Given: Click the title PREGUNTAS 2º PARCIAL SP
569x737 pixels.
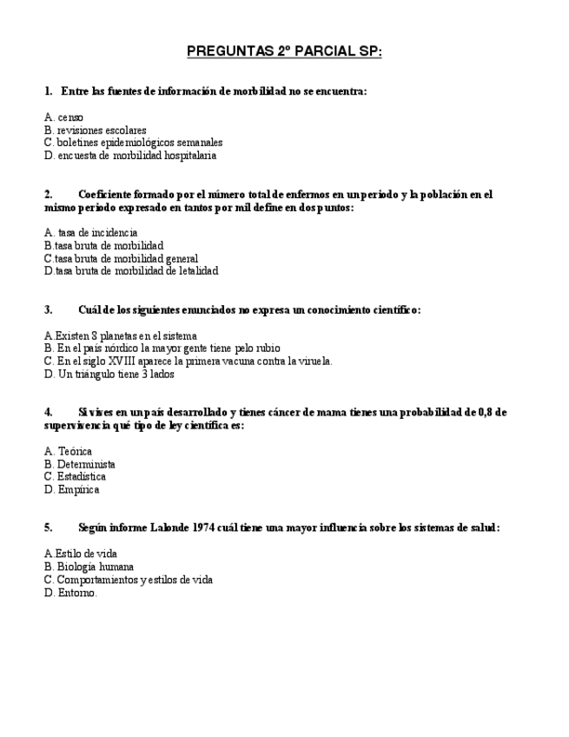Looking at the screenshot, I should pyautogui.click(x=284, y=52).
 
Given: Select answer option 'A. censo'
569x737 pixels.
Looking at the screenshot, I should pyautogui.click(x=63, y=117).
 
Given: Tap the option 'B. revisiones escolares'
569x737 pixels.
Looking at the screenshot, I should pyautogui.click(x=95, y=130).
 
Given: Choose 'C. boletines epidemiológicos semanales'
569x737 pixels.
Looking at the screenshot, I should pyautogui.click(x=133, y=143).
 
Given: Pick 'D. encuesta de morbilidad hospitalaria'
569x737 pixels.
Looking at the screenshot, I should pyautogui.click(x=129, y=156).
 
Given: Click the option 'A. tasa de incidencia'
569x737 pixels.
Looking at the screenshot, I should pyautogui.click(x=90, y=233).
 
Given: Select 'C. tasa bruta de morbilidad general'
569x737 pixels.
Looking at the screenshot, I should pyautogui.click(x=121, y=258).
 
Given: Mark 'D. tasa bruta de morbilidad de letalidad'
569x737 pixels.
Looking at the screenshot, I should pyautogui.click(x=130, y=271).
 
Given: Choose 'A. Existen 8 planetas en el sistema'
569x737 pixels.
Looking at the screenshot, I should pyautogui.click(x=120, y=335).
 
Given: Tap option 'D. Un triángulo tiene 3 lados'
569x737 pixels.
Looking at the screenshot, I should pyautogui.click(x=109, y=375).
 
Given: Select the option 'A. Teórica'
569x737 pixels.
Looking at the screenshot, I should pyautogui.click(x=68, y=451).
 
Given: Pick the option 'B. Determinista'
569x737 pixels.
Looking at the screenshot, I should pyautogui.click(x=79, y=464).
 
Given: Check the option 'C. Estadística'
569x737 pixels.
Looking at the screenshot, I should pyautogui.click(x=75, y=476).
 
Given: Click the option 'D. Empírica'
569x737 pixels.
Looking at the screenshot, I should pyautogui.click(x=71, y=489).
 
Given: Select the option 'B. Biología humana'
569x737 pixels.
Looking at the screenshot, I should pyautogui.click(x=89, y=567).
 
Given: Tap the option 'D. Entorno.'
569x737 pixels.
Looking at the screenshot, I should pyautogui.click(x=70, y=593).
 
